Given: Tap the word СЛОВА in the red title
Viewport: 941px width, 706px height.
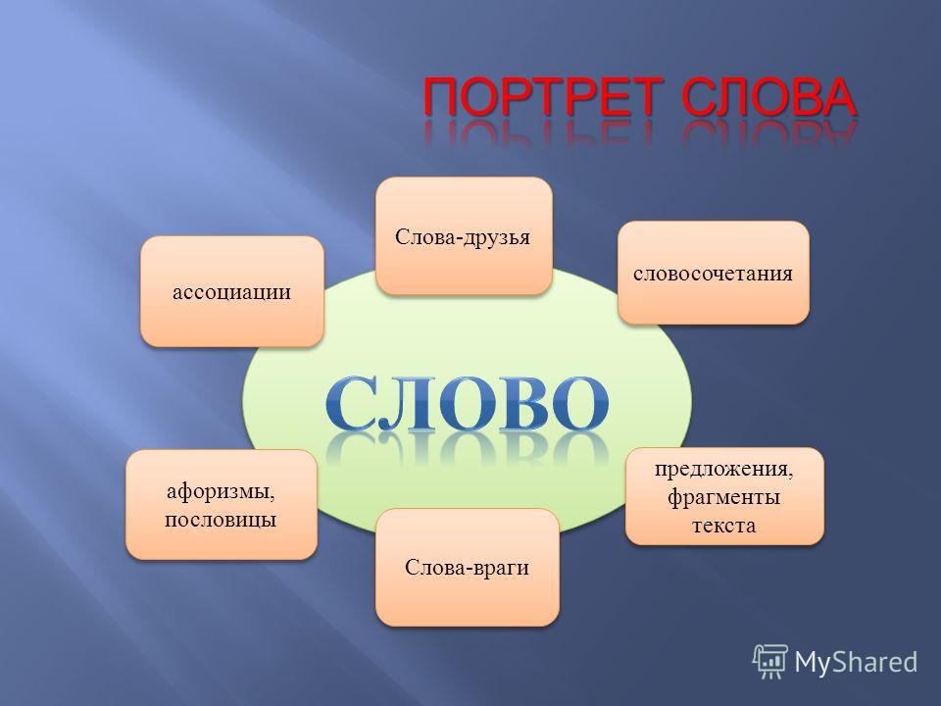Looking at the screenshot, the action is click(768, 97).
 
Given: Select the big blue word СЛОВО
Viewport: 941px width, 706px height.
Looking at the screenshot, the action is click(468, 403).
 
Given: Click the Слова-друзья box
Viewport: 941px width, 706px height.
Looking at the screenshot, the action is click(464, 236).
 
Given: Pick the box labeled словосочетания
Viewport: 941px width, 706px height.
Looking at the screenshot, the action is click(714, 274).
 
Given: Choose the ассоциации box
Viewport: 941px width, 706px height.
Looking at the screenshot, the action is click(232, 291).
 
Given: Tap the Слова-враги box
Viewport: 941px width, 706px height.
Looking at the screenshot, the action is click(468, 568).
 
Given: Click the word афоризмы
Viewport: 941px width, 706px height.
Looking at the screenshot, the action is click(221, 492).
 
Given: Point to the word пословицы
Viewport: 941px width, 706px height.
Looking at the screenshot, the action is click(221, 520).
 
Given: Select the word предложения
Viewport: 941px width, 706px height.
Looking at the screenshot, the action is click(724, 469).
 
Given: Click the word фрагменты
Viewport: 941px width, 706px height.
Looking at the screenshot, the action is click(724, 498).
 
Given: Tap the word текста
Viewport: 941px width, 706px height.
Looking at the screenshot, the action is click(724, 526).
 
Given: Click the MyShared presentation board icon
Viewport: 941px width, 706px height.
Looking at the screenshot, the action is click(770, 662).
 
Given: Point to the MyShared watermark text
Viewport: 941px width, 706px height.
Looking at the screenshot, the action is click(856, 662).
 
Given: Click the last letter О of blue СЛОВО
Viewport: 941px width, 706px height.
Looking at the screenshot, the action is click(577, 404).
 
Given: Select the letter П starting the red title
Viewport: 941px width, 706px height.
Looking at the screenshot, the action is click(442, 97).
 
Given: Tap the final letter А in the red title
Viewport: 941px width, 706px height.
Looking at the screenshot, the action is click(835, 97).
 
